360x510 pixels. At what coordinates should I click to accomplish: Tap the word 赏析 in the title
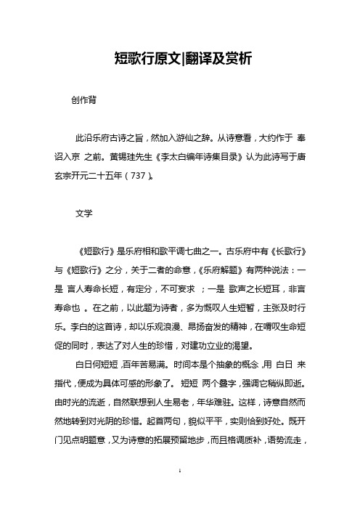[x=232, y=57]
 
